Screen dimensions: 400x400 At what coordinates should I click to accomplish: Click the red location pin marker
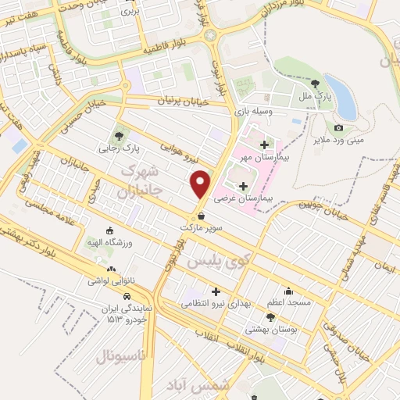click(201, 184)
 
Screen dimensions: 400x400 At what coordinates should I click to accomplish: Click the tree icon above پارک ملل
click(315, 83)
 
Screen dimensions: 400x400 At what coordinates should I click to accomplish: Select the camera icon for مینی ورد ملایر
click(338, 127)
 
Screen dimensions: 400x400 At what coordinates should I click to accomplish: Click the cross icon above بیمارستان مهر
click(263, 145)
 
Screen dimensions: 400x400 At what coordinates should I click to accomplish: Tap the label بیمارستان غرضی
click(248, 199)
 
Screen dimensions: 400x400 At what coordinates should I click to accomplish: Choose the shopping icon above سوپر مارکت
click(202, 216)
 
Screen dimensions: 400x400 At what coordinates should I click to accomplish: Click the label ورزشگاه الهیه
click(108, 243)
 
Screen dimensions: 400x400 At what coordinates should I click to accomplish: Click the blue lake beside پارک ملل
click(341, 97)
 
